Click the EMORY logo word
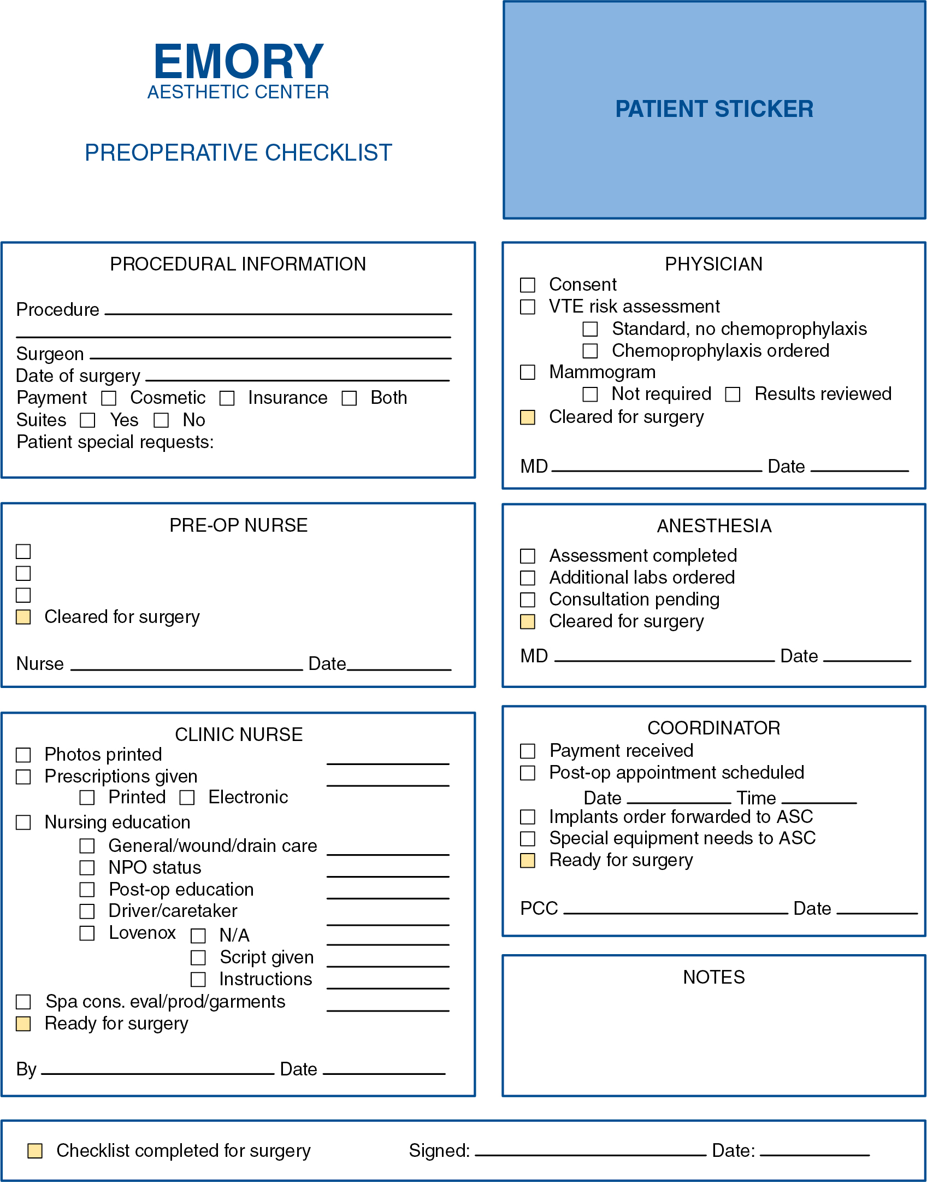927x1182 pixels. [x=239, y=62]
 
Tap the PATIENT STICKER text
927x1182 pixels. [x=714, y=109]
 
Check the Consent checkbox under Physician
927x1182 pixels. [x=528, y=285]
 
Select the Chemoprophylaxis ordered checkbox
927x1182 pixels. [x=590, y=351]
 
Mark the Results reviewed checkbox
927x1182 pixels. [x=733, y=394]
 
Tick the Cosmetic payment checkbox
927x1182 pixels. [x=109, y=398]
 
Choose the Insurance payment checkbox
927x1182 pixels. [x=227, y=398]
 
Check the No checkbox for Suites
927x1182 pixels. [x=161, y=420]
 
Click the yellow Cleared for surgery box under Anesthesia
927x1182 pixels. [x=528, y=622]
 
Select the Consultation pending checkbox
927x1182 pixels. [x=528, y=600]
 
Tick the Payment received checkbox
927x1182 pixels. [x=528, y=751]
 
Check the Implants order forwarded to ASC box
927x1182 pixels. [x=528, y=817]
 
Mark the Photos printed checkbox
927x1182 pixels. [x=23, y=755]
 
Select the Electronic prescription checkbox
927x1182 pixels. [x=187, y=798]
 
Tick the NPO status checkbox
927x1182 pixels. [x=87, y=868]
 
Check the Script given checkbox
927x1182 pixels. [x=198, y=957]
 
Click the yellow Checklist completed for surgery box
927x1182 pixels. [x=35, y=1150]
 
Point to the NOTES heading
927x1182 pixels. [x=713, y=977]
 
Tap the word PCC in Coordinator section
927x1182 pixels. [x=539, y=908]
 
